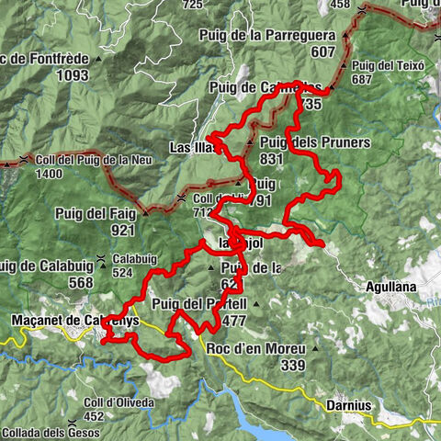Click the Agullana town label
pos(390,287)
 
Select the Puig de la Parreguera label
pos(266,36)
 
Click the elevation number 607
pos(322,52)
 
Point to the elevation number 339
pos(293,365)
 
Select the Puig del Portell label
pos(199,304)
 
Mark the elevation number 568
pos(81,282)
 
